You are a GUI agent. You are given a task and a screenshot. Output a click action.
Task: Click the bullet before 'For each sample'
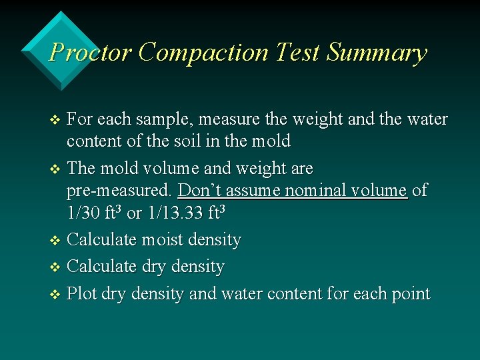click(55, 121)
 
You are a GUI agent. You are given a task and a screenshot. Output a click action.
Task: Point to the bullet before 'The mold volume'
click(55, 169)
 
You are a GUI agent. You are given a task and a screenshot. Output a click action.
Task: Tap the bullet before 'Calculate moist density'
click(55, 240)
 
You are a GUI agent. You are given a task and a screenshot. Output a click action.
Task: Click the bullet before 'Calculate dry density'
click(55, 267)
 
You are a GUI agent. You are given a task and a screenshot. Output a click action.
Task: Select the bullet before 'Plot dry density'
click(55, 295)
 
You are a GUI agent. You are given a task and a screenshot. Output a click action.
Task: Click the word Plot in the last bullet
click(82, 294)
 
